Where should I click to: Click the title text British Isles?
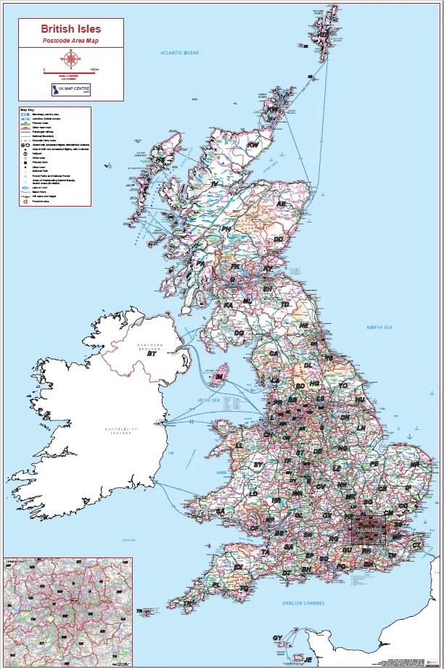[x=70, y=29]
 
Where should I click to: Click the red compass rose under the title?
[x=70, y=59]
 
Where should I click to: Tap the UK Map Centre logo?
[x=70, y=90]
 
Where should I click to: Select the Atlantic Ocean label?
[x=180, y=53]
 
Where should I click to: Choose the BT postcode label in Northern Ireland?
[x=152, y=354]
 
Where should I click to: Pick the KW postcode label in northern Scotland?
[x=252, y=145]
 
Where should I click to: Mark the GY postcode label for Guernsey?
[x=276, y=638]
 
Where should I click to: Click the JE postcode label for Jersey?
[x=307, y=660]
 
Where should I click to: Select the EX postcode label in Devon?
[x=238, y=567]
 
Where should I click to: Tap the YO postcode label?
[x=343, y=386]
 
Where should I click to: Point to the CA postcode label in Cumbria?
[x=274, y=354]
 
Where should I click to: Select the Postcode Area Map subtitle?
[x=70, y=41]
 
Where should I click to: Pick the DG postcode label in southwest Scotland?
[x=239, y=332]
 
